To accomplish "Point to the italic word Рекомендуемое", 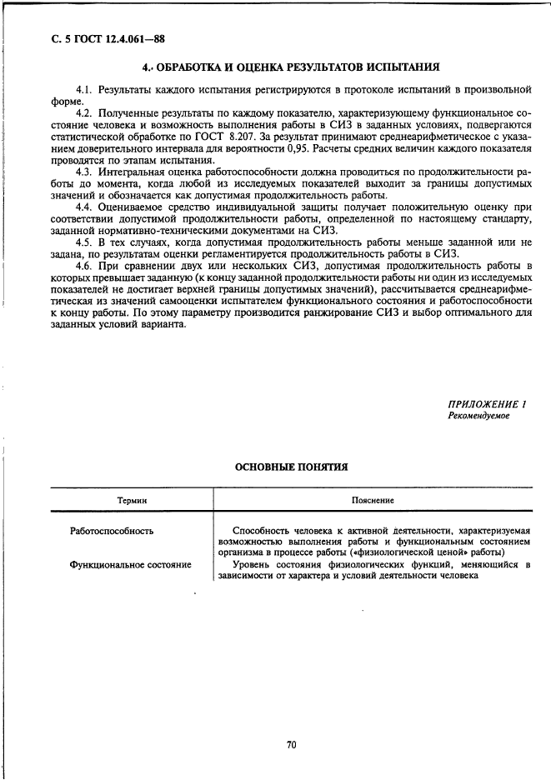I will point(478,415).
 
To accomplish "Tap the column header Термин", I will point(131,500).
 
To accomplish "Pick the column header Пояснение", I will point(373,500).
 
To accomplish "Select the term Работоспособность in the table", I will point(112,530).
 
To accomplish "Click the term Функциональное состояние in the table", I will point(131,564).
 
